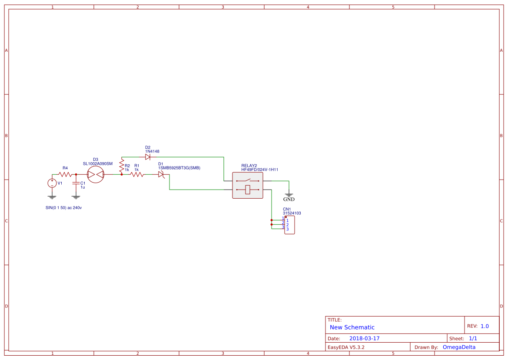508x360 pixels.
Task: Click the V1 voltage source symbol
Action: (x=52, y=183)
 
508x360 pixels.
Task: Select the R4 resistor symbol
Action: (x=65, y=174)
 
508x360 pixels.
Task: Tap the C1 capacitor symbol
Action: (x=76, y=183)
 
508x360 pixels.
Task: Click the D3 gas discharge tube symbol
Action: (x=96, y=174)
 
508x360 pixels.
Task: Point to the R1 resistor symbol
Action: (x=137, y=174)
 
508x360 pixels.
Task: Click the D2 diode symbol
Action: (x=148, y=157)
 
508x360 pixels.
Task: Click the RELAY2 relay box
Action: (x=248, y=185)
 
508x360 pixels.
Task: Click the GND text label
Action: (x=289, y=200)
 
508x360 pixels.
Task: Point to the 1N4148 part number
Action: (x=153, y=151)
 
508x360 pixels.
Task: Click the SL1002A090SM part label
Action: (x=98, y=163)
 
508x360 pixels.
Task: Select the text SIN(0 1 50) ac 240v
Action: (x=64, y=208)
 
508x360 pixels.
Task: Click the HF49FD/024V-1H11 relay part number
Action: (x=260, y=170)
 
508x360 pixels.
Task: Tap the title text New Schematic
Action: (x=352, y=327)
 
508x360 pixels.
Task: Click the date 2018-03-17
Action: (x=364, y=338)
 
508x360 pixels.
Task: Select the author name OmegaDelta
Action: (x=459, y=347)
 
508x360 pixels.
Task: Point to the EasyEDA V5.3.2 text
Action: (x=346, y=347)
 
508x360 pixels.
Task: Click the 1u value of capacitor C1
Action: (x=83, y=187)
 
